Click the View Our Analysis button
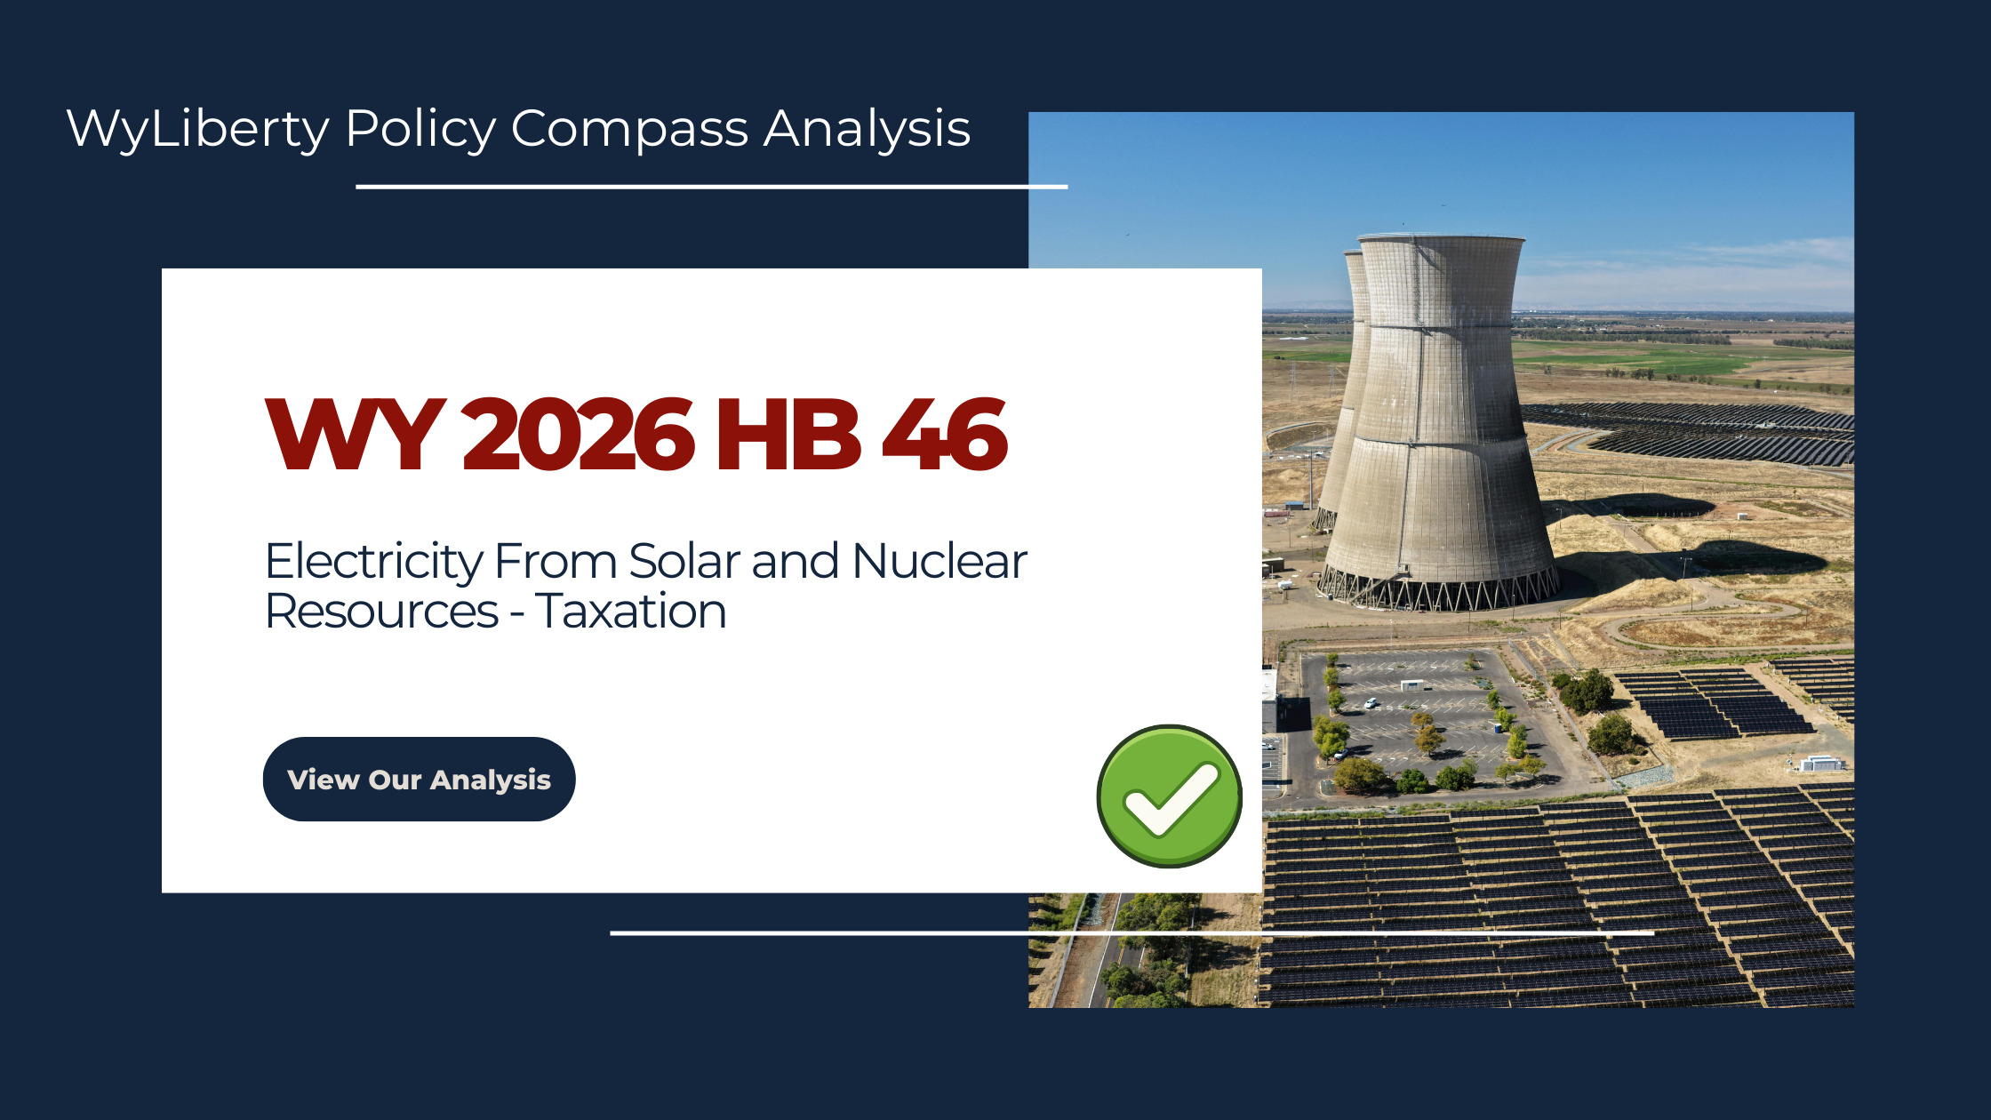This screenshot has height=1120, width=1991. tap(419, 780)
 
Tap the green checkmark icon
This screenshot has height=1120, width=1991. tap(1169, 796)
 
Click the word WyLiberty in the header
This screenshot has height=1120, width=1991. tap(197, 129)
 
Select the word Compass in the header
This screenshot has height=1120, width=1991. tap(629, 129)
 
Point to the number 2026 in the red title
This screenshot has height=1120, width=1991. tap(577, 435)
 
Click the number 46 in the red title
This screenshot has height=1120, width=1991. tap(944, 435)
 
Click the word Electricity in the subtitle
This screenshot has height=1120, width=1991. tap(373, 562)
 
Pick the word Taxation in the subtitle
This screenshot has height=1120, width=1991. tap(631, 612)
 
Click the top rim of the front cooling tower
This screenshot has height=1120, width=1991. tap(1442, 239)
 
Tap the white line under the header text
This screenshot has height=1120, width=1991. tap(711, 187)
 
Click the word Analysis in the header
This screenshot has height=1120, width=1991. tap(867, 129)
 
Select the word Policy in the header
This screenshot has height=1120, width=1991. tap(420, 129)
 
